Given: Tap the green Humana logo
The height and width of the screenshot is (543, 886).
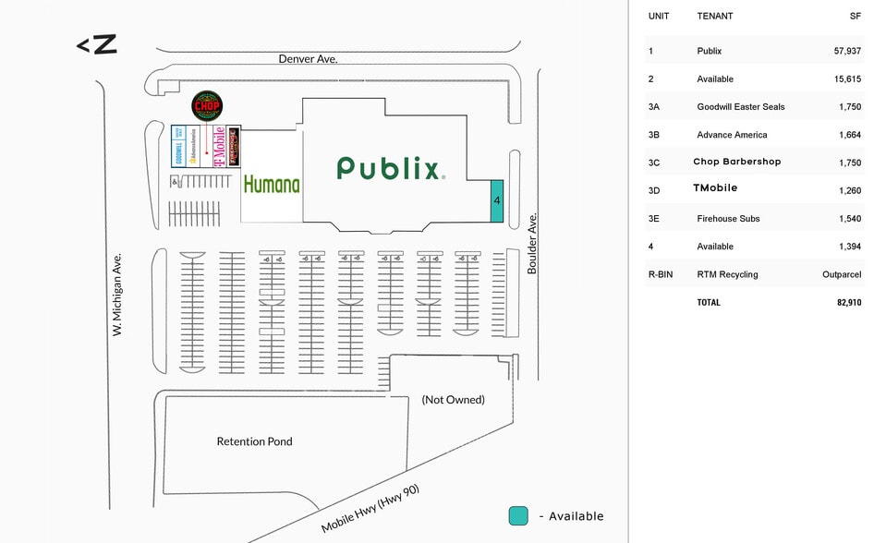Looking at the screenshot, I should (x=272, y=184).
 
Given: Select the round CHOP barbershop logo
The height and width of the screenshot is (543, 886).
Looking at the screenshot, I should (x=206, y=106).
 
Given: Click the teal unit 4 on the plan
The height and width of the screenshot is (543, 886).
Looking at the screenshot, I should (x=496, y=200).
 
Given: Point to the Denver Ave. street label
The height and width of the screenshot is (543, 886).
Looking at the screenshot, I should (x=309, y=58).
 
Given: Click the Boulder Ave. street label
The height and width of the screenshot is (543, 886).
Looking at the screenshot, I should (x=532, y=244).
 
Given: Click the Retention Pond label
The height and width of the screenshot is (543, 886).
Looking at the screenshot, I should (x=254, y=441).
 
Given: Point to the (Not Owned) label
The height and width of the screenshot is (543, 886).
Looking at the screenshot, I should (x=453, y=400).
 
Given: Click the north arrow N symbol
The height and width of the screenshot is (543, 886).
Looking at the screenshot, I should (x=96, y=43).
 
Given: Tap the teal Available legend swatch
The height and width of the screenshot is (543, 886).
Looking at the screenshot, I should (x=518, y=516).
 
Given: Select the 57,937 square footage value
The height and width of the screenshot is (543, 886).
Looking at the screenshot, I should (x=847, y=51).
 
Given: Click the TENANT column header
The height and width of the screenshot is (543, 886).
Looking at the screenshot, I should (x=714, y=16).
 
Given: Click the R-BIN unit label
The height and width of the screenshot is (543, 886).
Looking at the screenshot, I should (x=661, y=274).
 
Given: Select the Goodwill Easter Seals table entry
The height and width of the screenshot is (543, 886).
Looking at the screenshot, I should (x=740, y=107).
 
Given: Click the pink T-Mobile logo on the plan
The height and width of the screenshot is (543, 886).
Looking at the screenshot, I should (x=220, y=147).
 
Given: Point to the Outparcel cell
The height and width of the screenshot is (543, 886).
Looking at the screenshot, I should (x=842, y=274).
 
